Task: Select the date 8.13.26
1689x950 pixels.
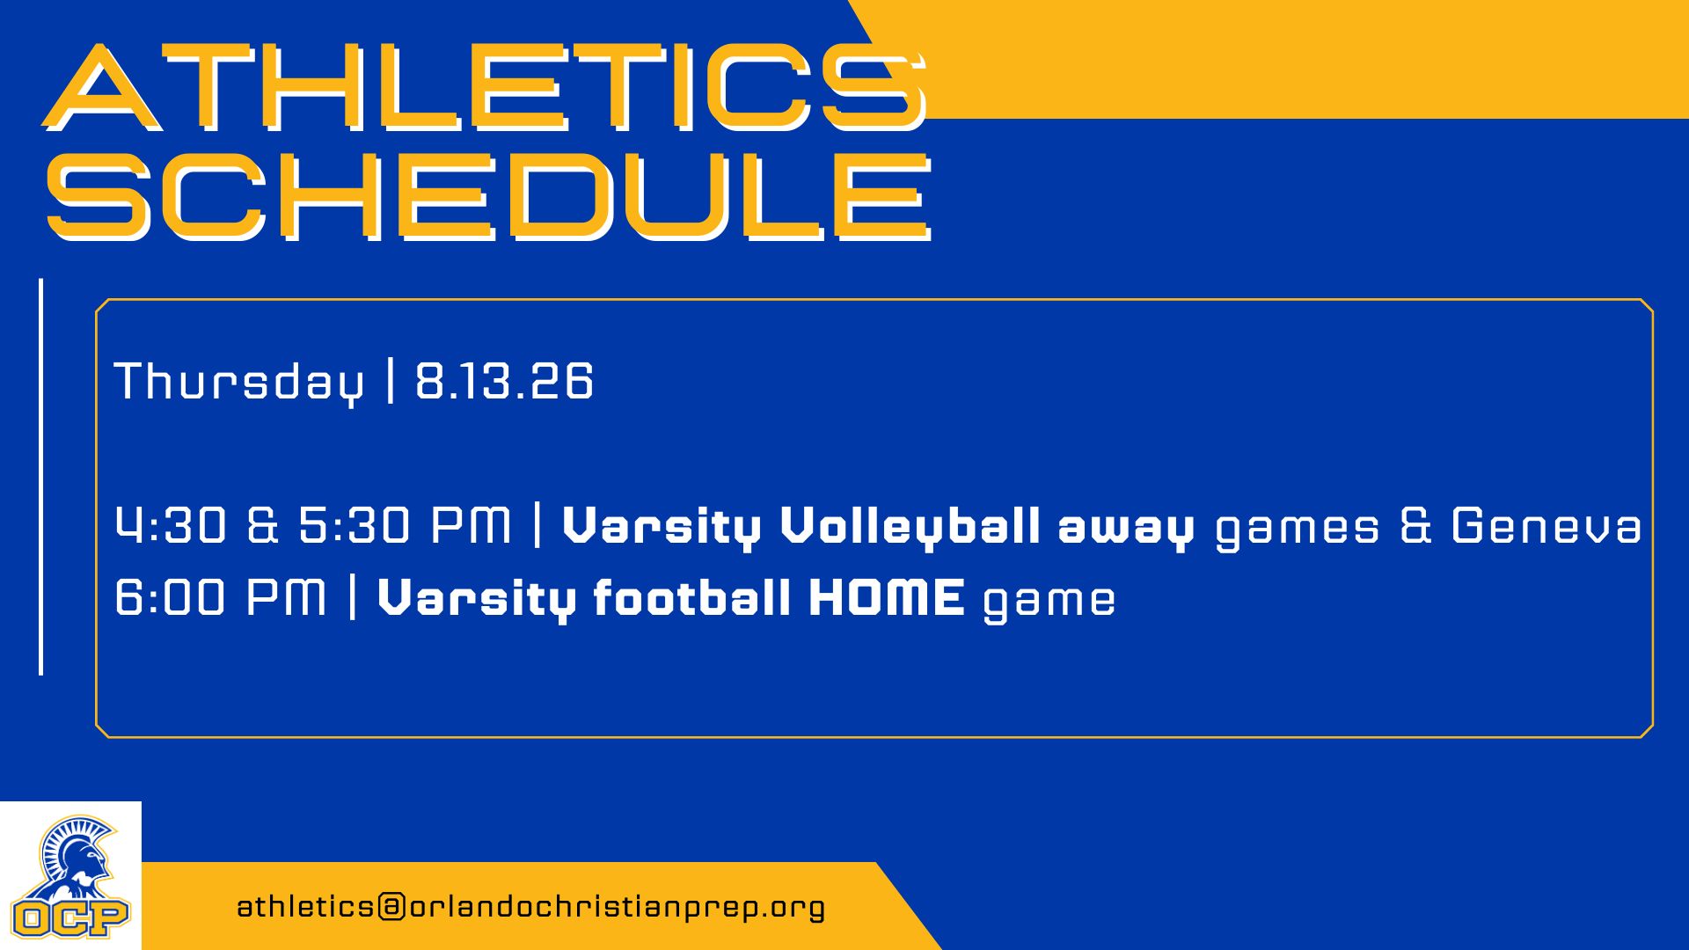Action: (504, 381)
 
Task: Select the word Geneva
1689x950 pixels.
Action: (1546, 525)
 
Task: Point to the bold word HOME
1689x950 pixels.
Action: (887, 597)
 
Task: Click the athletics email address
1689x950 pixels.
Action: (531, 907)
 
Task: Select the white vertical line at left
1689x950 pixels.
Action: (41, 477)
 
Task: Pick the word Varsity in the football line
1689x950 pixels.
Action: (477, 600)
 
